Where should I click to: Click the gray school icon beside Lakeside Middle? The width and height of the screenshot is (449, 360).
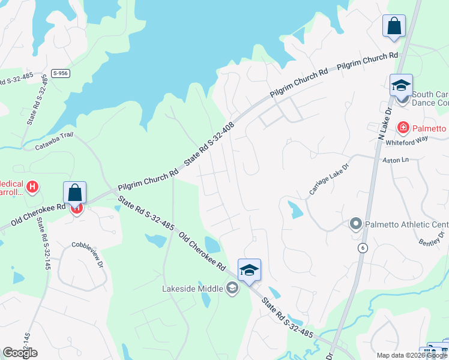(232, 289)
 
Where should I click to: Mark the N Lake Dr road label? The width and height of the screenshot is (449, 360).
(384, 125)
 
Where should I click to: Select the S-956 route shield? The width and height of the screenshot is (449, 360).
(59, 73)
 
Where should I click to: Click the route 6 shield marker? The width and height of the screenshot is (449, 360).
(362, 247)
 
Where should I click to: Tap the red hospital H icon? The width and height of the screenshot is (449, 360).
(32, 187)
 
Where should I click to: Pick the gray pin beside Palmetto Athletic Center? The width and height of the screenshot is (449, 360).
(355, 224)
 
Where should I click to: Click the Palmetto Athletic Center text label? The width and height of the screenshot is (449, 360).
(407, 224)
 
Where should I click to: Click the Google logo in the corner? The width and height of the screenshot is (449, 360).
(20, 353)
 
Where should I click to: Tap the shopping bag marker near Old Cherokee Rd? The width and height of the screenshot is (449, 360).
(75, 193)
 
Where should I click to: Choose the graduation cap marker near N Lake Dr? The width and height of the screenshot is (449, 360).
(400, 85)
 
